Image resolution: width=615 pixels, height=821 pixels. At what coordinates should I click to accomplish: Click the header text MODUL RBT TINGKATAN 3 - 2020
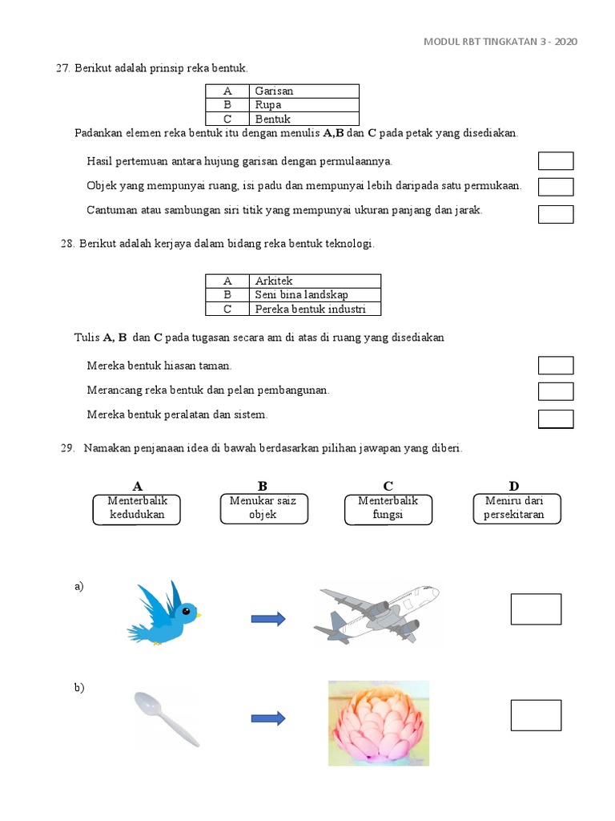[x=500, y=42]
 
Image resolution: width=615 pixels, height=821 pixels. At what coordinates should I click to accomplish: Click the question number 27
[x=62, y=69]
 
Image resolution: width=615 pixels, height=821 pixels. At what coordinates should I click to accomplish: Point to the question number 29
[x=67, y=449]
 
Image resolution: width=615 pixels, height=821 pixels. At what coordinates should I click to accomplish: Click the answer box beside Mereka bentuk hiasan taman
[x=556, y=366]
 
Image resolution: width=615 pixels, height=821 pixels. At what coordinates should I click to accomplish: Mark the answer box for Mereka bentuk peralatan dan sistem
[x=556, y=419]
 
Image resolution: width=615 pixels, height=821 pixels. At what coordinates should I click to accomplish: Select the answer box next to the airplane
[x=536, y=609]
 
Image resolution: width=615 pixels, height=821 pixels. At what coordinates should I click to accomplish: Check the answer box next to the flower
[x=536, y=715]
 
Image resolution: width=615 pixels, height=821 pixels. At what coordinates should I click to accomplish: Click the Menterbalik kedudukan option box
[x=137, y=508]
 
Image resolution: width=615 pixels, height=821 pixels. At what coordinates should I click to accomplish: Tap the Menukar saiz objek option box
[x=263, y=508]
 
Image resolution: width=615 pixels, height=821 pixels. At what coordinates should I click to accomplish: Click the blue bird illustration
[x=163, y=614]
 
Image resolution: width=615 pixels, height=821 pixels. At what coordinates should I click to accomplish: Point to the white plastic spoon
[x=166, y=718]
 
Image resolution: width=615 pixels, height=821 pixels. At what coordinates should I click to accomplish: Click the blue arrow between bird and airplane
[x=268, y=618]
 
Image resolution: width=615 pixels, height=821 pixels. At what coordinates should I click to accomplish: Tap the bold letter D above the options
[x=513, y=486]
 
